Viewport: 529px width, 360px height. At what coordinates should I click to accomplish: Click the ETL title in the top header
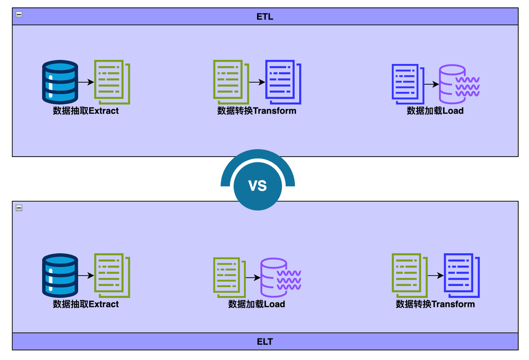pos(265,17)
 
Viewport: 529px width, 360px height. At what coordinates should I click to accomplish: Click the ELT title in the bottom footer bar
pos(265,342)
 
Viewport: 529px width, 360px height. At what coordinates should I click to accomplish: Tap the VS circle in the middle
pos(257,186)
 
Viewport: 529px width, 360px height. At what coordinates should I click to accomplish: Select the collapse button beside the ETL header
pos(19,14)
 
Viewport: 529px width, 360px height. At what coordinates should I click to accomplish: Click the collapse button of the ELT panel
pos(19,208)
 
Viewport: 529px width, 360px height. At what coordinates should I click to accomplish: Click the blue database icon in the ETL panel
pos(60,82)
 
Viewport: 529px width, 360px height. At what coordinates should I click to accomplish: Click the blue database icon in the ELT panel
pos(60,275)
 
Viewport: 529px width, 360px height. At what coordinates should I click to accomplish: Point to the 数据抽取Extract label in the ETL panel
pos(86,111)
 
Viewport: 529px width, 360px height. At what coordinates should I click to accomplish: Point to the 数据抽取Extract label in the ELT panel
pos(86,304)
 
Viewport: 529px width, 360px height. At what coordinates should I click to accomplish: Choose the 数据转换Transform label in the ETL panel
pos(257,111)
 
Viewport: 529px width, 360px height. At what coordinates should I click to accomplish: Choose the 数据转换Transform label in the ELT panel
pos(435,304)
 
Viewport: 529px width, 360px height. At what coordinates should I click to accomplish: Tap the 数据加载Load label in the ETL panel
pos(435,111)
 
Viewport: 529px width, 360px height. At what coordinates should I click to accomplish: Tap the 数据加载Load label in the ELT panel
pos(257,304)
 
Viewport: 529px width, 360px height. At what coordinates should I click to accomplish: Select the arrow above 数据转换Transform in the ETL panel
pos(257,82)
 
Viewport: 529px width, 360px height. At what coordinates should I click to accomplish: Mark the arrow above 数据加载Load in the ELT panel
pos(253,278)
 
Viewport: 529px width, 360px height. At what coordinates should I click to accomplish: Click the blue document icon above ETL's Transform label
pos(283,82)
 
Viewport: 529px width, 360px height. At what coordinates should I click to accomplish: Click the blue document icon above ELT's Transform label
pos(461,275)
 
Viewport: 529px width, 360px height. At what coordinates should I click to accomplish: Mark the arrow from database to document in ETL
pos(86,82)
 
